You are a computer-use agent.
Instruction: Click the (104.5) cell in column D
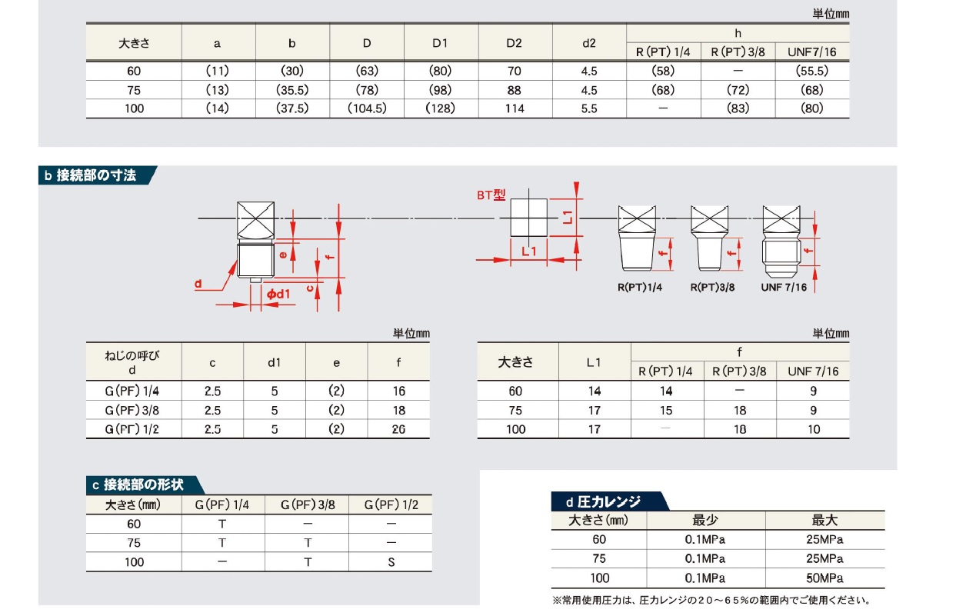point(367,108)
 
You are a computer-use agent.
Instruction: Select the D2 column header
point(515,43)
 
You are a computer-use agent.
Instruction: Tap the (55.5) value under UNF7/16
point(811,71)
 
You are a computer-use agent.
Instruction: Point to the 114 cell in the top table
point(515,108)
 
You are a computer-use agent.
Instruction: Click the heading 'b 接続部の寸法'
point(91,175)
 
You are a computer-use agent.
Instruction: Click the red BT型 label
point(491,195)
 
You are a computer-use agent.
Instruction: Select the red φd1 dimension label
point(278,294)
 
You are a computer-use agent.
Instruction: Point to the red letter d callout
point(198,284)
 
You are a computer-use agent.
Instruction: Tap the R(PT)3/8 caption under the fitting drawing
point(712,288)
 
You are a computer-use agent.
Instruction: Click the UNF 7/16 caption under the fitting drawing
point(784,288)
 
